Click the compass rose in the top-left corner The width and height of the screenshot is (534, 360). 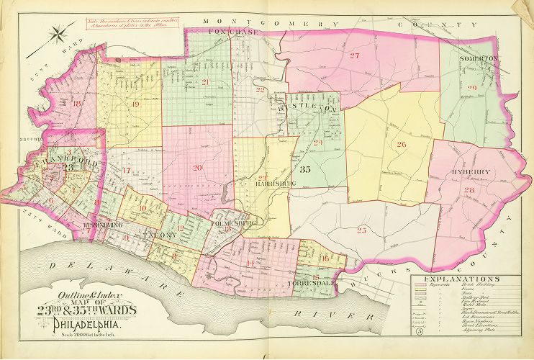(58, 32)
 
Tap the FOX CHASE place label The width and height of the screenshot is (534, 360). (227, 32)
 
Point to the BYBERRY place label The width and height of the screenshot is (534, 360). (471, 172)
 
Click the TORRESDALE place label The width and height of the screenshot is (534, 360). (314, 286)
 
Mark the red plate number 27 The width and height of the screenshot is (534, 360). (353, 56)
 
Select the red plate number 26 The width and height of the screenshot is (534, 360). (402, 144)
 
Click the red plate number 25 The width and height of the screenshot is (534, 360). (361, 230)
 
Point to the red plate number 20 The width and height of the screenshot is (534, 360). (197, 168)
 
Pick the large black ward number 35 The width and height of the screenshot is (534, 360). (304, 170)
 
